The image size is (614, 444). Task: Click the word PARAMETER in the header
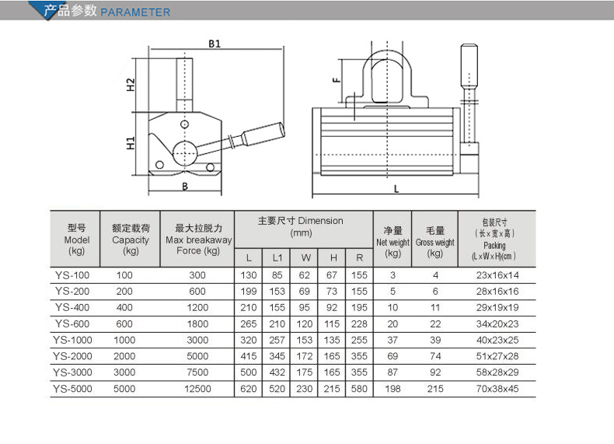pos(135,12)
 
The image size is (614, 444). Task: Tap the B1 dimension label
pos(215,44)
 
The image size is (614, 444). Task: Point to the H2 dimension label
pos(131,85)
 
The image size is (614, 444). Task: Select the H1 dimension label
pos(131,143)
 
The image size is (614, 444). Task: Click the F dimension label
pos(336,80)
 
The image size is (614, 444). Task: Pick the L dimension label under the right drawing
pos(396,189)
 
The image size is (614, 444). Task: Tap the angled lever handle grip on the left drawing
pos(263,133)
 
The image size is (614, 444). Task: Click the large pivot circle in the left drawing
pos(184,153)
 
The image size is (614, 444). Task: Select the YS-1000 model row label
pos(72,340)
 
